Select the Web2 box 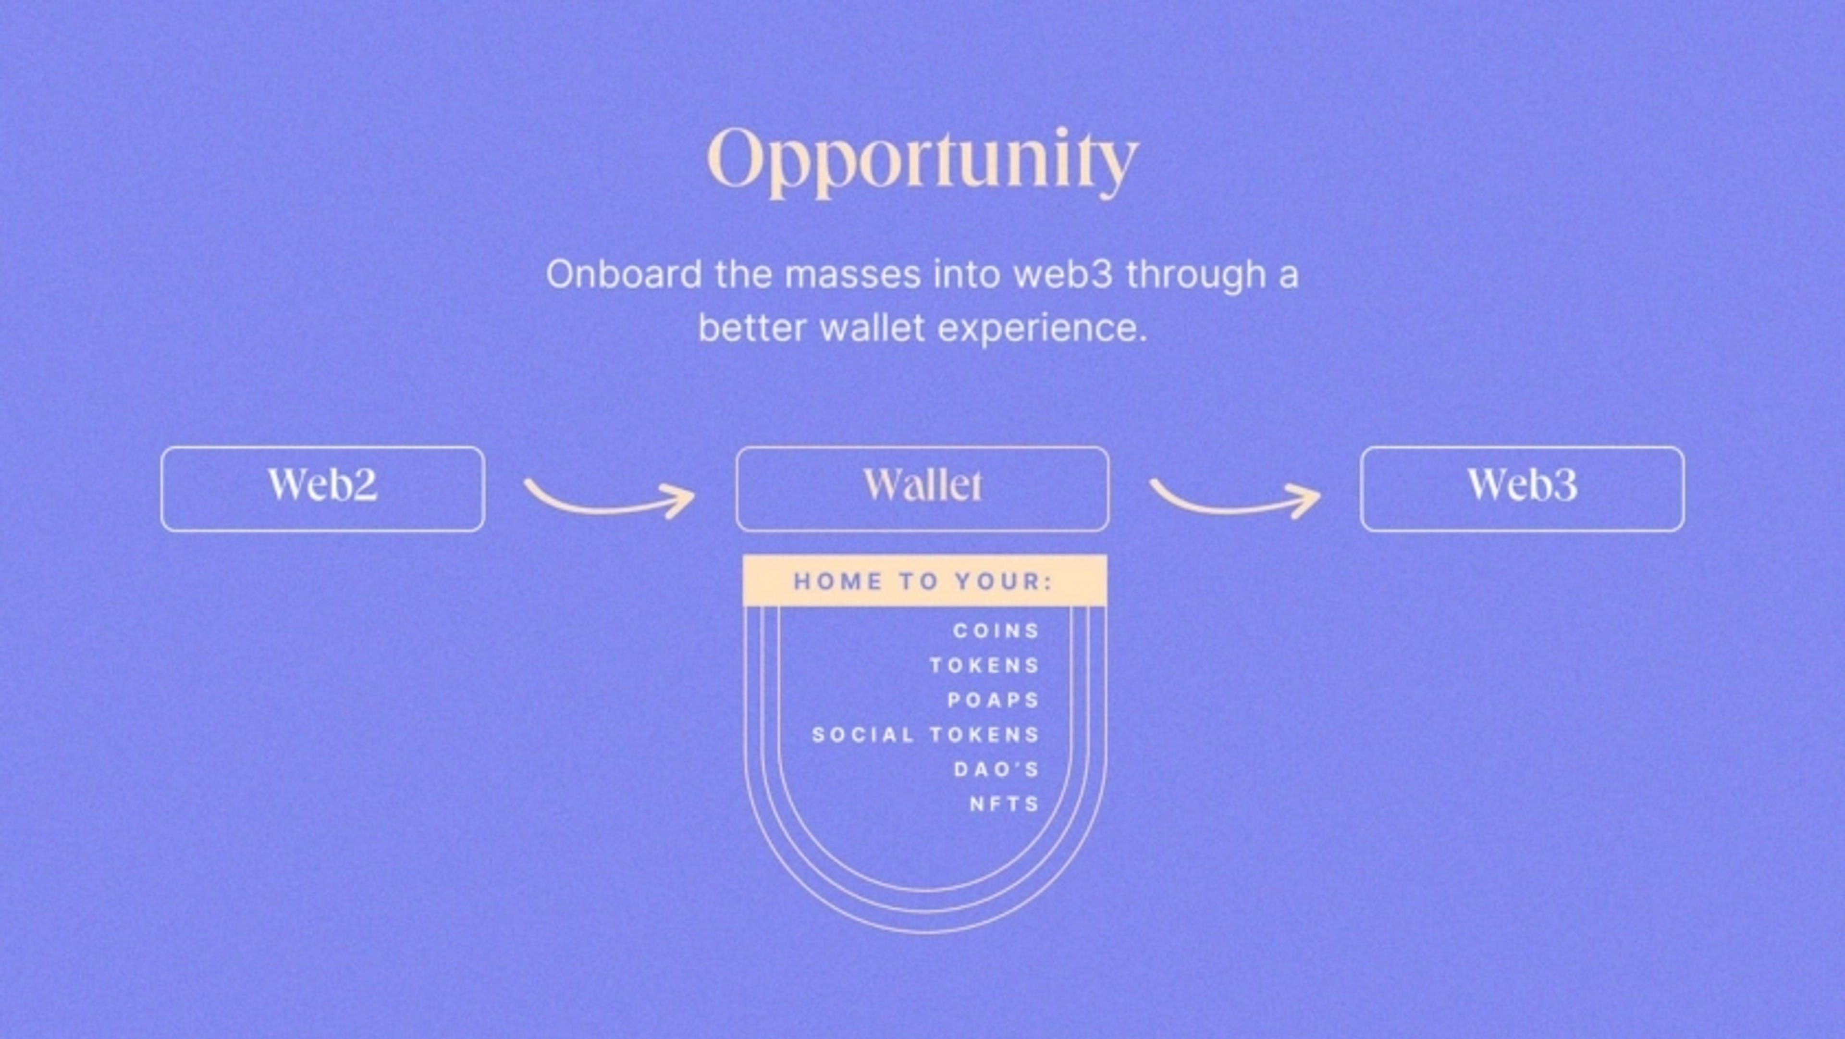coord(322,489)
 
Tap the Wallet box coord(922,489)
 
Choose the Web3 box coord(1522,489)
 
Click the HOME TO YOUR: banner coord(924,581)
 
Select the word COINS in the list coord(996,631)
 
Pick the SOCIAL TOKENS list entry coord(925,734)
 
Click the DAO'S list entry coord(996,769)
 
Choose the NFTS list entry coord(1004,804)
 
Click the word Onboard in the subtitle coord(623,274)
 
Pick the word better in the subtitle coord(752,328)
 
